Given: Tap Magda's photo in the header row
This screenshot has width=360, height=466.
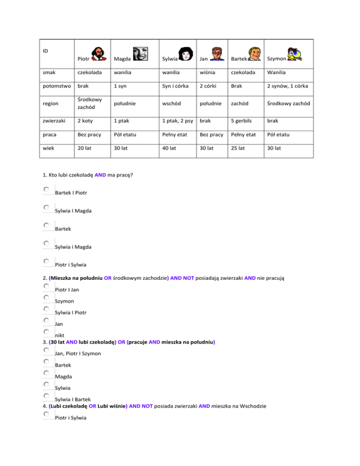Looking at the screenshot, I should pyautogui.click(x=140, y=54).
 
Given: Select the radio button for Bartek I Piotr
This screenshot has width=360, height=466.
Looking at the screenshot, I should pyautogui.click(x=47, y=189).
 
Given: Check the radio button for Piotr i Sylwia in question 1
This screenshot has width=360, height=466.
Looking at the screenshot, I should pyautogui.click(x=47, y=261).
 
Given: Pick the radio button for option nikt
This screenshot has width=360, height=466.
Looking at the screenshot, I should pyautogui.click(x=47, y=332).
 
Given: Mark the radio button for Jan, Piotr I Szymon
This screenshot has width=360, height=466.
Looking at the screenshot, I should pyautogui.click(x=47, y=350).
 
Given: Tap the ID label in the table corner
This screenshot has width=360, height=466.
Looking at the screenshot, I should pyautogui.click(x=45, y=50).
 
